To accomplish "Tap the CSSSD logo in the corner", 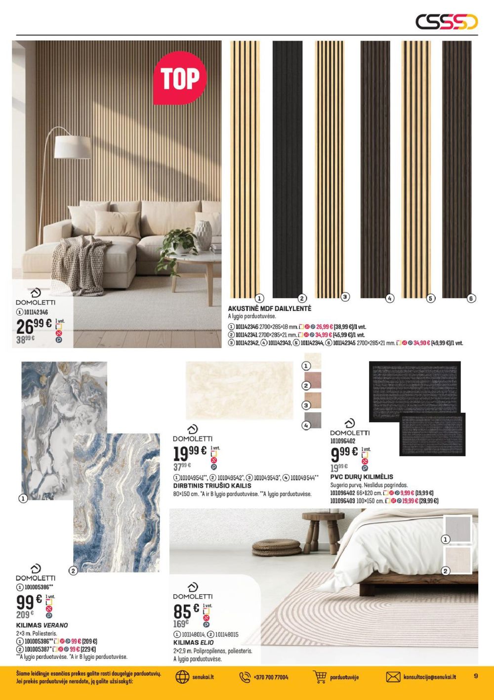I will pos(446,22).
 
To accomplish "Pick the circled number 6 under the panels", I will pos(471,298).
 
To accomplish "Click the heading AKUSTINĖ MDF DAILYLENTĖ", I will pos(270,308).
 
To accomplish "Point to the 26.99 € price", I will pos(34,326).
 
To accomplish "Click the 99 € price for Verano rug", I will pos(29,603).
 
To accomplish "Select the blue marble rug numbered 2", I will pos(117,502).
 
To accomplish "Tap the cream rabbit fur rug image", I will pos(239,391).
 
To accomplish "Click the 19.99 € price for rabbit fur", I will pos(190,452).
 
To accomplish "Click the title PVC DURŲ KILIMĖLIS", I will pos(362,477).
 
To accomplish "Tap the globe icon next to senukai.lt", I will pos(182,677).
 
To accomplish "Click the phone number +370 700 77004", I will pos(271,677).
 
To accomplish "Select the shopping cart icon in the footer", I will pos(320,677).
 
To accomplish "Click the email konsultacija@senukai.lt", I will pos(429,677).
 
